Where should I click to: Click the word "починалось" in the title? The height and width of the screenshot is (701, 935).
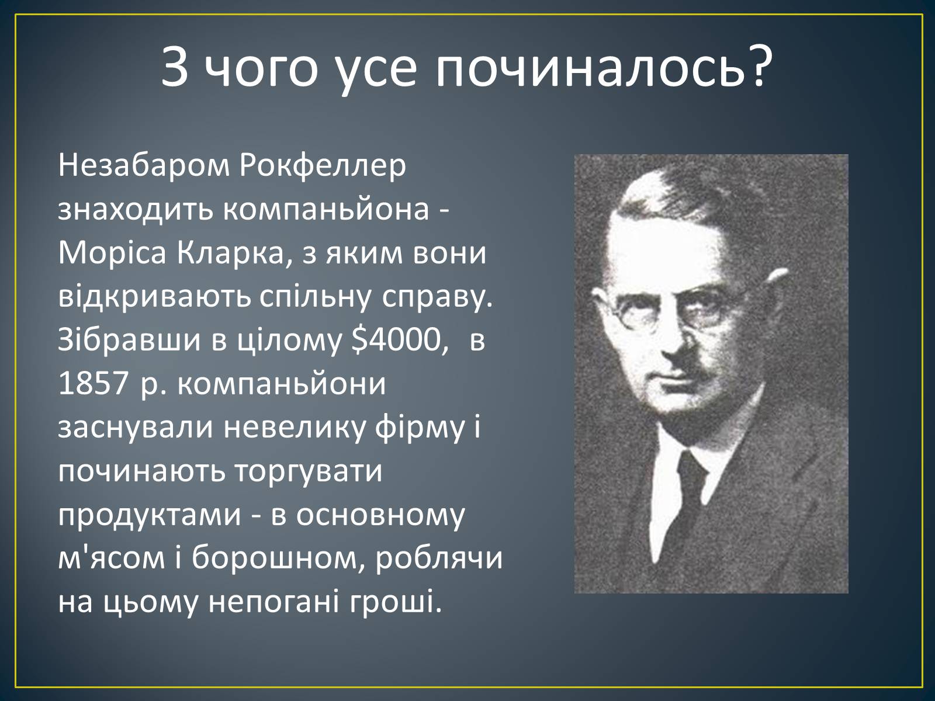click(587, 68)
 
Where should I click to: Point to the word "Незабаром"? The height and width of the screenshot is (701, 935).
click(144, 165)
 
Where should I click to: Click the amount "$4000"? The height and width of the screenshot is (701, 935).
click(397, 340)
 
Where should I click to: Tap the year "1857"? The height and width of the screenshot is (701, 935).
click(93, 384)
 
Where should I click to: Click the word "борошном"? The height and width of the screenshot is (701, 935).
click(274, 558)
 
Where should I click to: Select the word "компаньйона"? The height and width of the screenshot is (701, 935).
click(326, 210)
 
